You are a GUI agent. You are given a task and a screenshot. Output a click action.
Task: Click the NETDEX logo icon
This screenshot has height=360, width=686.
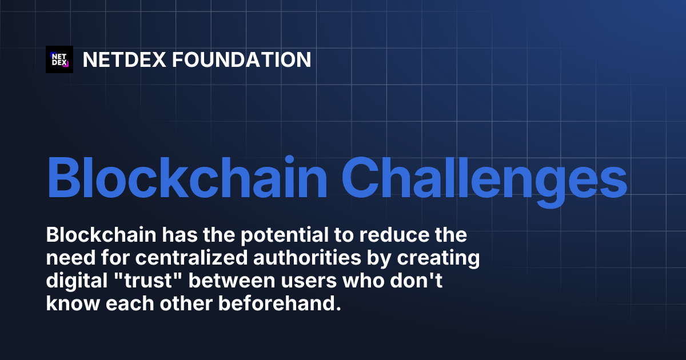[x=59, y=59]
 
